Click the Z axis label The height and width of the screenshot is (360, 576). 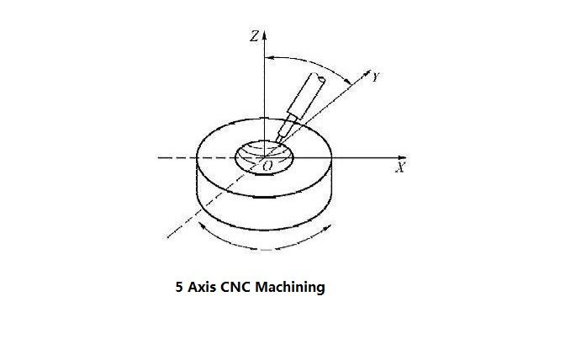coord(254,36)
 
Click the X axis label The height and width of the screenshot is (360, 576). coord(400,167)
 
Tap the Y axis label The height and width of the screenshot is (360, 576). coord(375,77)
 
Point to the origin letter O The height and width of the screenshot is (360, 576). coord(268,166)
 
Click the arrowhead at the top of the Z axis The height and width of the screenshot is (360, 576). coord(264,35)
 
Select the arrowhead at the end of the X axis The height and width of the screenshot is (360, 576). coord(402,157)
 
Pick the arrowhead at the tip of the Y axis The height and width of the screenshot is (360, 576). coord(367,72)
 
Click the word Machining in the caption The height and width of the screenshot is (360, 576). coord(290,287)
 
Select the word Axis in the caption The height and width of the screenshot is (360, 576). coord(201,287)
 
